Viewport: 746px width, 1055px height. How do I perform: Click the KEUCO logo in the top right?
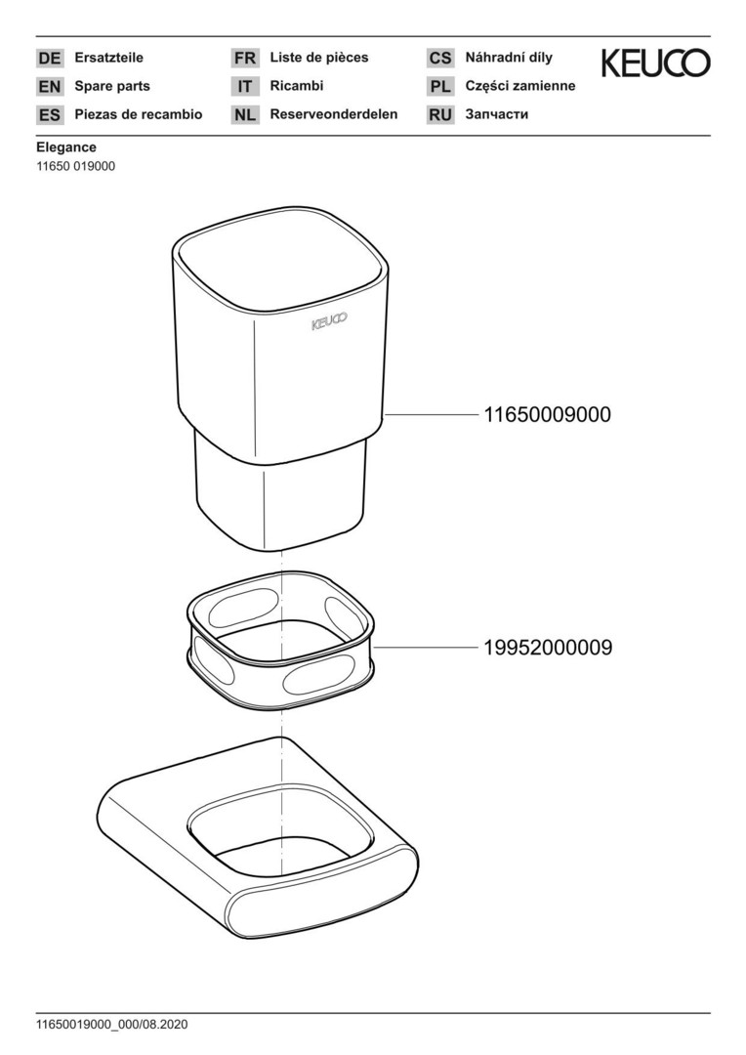click(655, 63)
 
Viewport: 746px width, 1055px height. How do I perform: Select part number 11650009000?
click(548, 414)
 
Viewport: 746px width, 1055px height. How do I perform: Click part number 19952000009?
click(548, 648)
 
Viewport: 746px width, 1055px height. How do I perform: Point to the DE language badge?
click(50, 58)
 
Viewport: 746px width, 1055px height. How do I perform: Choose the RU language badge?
click(440, 115)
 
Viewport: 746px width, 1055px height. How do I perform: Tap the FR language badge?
click(245, 58)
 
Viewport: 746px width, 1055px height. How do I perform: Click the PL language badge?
click(440, 86)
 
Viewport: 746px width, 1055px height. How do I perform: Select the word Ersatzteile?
click(109, 58)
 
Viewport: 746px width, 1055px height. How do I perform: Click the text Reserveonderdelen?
click(334, 114)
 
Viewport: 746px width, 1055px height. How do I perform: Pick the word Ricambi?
click(297, 85)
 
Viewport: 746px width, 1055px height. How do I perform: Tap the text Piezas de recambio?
click(139, 114)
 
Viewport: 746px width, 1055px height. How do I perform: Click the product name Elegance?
click(66, 148)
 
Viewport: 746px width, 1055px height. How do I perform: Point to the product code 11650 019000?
click(76, 166)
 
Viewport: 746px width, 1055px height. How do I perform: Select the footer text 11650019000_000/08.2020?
click(112, 1025)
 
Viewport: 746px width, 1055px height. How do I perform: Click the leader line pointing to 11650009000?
click(432, 415)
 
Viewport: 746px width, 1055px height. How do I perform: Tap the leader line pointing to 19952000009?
click(426, 648)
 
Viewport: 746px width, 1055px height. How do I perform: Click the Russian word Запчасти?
click(497, 114)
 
